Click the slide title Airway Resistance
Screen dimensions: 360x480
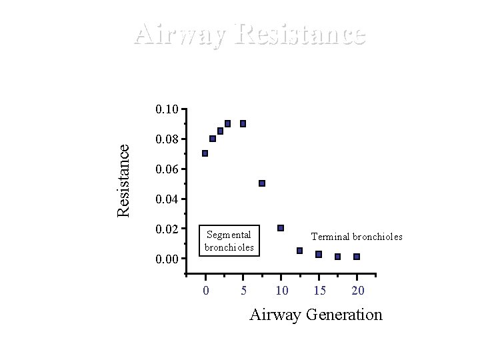[249, 34]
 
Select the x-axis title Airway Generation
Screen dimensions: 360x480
[315, 315]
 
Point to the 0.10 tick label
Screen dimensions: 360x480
[166, 109]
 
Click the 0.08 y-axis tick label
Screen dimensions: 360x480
[166, 139]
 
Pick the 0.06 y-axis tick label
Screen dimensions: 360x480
[166, 169]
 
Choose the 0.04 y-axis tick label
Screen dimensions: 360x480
[166, 199]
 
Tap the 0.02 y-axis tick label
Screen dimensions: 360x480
[166, 229]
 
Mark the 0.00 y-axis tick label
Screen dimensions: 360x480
[166, 259]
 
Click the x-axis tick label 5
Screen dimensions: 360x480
[243, 290]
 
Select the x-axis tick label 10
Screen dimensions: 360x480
[281, 290]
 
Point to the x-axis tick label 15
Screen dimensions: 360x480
[319, 290]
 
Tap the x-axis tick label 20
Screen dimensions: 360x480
[357, 290]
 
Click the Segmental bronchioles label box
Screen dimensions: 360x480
[229, 241]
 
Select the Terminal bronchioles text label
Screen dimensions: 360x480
[357, 237]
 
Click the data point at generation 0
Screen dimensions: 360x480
[205, 153]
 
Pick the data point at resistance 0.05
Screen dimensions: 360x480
[262, 183]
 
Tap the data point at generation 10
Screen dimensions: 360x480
[281, 228]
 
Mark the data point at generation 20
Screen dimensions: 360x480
[357, 257]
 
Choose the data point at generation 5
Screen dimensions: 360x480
[243, 123]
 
